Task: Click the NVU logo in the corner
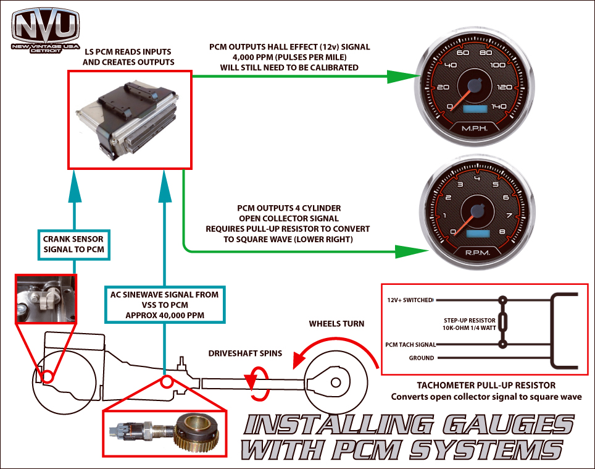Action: coord(46,30)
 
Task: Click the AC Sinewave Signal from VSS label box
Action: coord(164,304)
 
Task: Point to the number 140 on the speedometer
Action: coord(499,106)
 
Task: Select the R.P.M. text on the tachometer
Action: coord(473,252)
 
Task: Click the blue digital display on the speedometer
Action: coord(474,108)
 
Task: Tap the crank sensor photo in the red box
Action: coord(45,299)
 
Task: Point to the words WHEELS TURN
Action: coord(337,323)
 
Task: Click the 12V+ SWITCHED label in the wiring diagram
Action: coord(409,300)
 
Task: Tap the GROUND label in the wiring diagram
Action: coord(422,358)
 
